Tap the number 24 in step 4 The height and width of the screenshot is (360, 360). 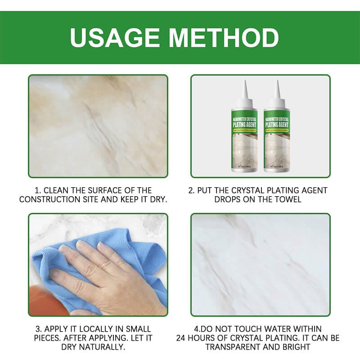(x=182, y=338)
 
